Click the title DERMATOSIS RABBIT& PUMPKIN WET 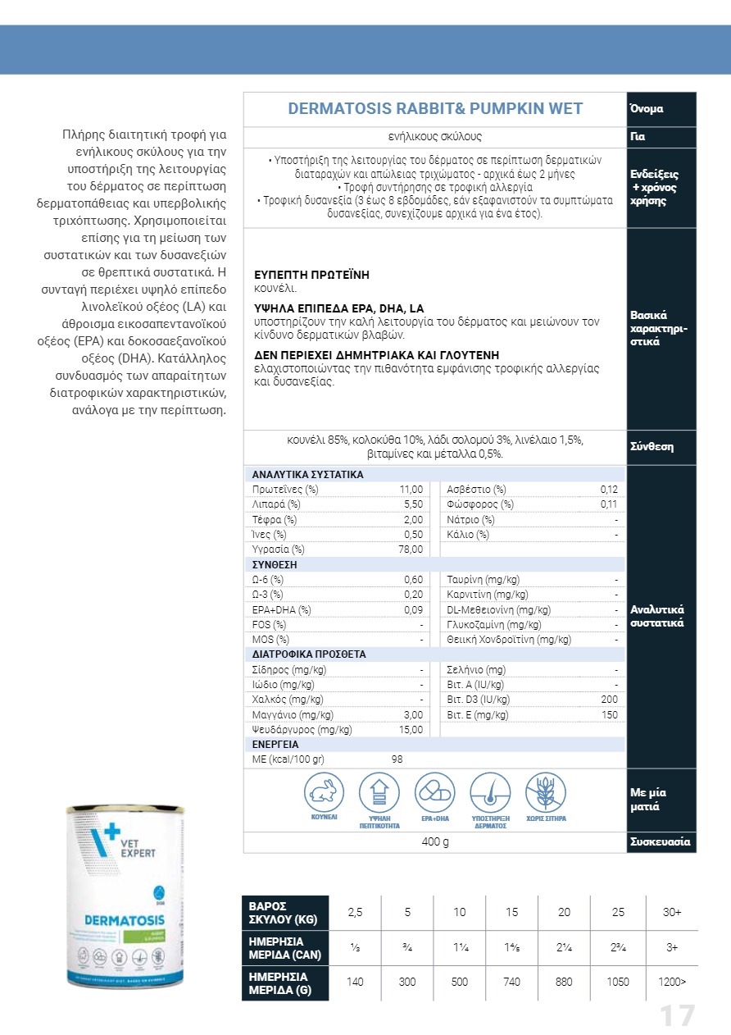[435, 109]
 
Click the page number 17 [678, 1016]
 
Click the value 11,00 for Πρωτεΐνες [411, 490]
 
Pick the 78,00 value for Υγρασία [411, 549]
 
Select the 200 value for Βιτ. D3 [609, 700]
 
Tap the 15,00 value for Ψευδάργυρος [411, 729]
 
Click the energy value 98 [397, 759]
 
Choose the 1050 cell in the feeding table [620, 983]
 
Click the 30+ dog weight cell [672, 913]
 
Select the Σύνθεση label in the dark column [652, 447]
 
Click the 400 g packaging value [435, 842]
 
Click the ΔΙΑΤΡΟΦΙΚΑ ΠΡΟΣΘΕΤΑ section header [309, 654]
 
